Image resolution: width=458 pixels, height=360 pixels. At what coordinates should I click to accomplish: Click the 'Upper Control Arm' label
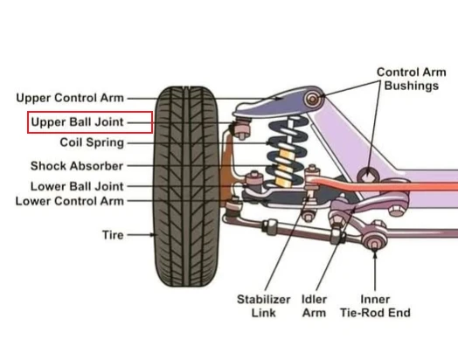(x=70, y=98)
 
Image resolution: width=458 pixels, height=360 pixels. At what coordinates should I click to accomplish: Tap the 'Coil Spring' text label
(x=92, y=142)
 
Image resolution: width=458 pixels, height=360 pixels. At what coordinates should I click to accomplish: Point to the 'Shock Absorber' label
(x=77, y=166)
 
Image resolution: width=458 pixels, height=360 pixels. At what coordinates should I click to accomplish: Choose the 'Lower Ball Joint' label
(x=77, y=186)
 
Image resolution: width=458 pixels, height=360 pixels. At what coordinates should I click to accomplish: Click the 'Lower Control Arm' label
(x=70, y=201)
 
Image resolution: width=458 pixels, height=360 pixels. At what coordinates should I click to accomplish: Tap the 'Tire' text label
(x=113, y=235)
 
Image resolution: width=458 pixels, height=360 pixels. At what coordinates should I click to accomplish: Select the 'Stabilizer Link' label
(x=263, y=306)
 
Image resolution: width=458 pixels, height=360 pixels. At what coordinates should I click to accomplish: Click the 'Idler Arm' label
(x=314, y=306)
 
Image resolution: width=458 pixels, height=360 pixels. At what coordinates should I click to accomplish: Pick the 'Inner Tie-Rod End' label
(x=375, y=306)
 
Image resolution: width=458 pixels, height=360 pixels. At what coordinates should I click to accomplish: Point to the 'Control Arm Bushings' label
(x=412, y=79)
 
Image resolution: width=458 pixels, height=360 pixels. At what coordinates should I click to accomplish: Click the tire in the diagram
(x=186, y=186)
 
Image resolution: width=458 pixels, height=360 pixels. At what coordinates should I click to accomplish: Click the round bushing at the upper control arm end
(x=313, y=99)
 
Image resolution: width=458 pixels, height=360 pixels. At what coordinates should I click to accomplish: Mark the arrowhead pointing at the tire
(x=152, y=235)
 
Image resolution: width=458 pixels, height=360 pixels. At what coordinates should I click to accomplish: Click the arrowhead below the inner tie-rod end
(x=375, y=254)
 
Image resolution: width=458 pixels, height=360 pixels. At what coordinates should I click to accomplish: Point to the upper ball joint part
(x=242, y=128)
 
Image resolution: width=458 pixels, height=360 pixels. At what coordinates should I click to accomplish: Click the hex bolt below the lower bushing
(x=397, y=211)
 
